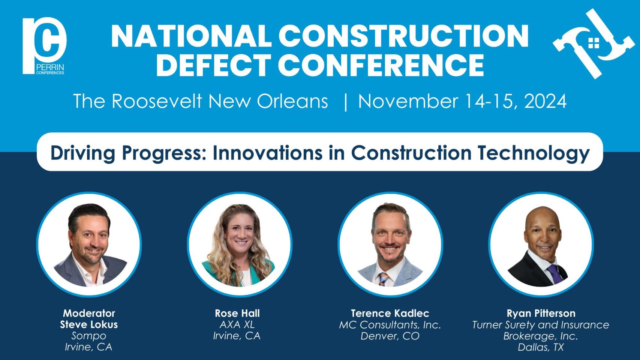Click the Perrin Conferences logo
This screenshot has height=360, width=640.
point(44,46)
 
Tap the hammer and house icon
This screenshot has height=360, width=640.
point(593,43)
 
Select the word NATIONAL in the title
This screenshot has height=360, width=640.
point(191,36)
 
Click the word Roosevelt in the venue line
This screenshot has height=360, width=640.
point(157,101)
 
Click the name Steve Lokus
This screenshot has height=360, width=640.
point(89,324)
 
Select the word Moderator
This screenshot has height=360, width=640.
point(89,313)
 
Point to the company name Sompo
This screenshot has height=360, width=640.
point(89,336)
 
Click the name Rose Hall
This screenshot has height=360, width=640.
point(237,313)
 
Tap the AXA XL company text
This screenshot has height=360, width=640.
point(237,324)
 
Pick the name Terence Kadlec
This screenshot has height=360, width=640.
point(390,313)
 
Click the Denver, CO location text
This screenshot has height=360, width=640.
point(390,336)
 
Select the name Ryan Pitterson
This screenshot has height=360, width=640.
point(541,313)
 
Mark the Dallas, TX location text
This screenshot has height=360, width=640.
point(541,347)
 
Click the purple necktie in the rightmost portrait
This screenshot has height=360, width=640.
point(555,274)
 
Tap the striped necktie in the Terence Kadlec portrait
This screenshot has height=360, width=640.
point(383,279)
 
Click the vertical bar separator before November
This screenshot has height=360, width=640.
point(346,102)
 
